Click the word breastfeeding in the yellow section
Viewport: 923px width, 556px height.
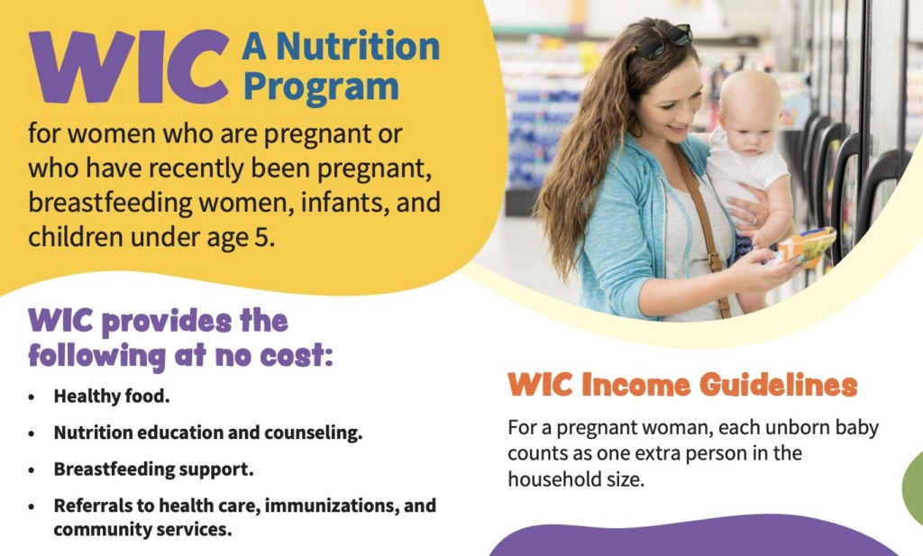(x=112, y=204)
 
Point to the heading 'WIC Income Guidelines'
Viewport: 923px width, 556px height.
(x=682, y=385)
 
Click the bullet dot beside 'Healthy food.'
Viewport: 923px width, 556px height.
(x=32, y=396)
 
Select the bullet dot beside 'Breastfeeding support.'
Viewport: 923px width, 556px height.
(x=32, y=469)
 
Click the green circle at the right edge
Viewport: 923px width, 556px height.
(x=912, y=487)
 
